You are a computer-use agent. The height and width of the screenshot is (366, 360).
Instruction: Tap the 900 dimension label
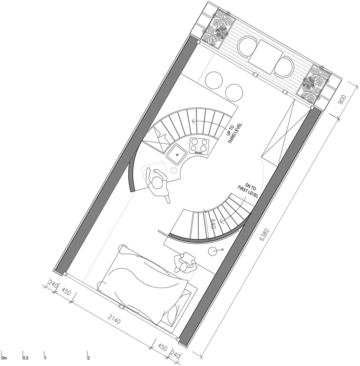(x=342, y=100)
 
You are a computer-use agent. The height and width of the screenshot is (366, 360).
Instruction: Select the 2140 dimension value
(x=114, y=318)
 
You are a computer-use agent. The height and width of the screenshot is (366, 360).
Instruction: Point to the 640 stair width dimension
(x=213, y=224)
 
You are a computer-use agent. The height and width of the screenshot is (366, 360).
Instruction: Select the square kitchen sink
(x=177, y=154)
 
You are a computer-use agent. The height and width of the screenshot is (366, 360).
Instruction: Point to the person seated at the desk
(x=185, y=263)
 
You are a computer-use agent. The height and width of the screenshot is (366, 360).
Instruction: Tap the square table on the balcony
(x=265, y=57)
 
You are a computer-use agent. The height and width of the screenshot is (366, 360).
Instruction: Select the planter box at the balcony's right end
(x=313, y=83)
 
